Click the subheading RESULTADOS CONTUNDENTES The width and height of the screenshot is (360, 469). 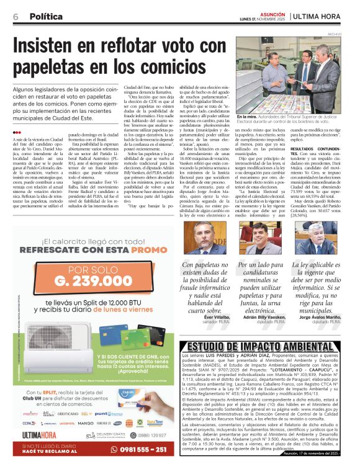pyautogui.click(x=317, y=151)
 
